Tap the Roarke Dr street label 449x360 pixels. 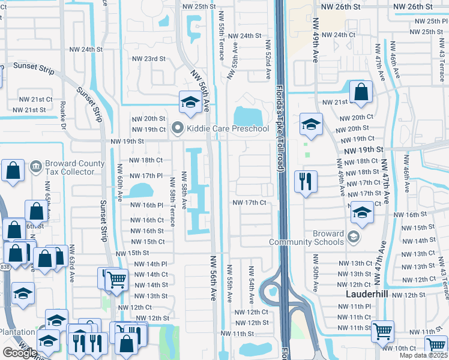coord(64,115)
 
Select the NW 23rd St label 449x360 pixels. coord(148,59)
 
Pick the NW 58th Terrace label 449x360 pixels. coord(172,201)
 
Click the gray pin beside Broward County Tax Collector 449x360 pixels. coord(35,164)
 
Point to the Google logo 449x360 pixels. coord(20,353)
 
